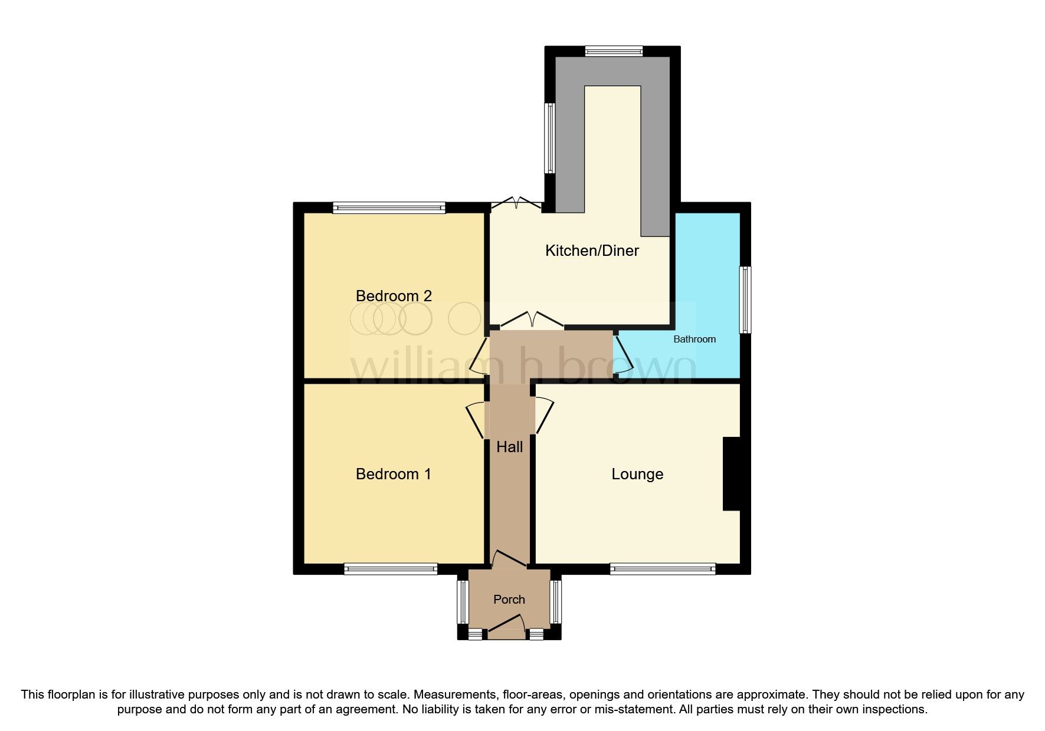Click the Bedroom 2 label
click(394, 296)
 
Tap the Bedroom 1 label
click(393, 474)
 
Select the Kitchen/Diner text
click(592, 251)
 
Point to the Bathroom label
click(695, 339)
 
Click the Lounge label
click(637, 474)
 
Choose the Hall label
click(509, 447)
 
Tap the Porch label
click(509, 600)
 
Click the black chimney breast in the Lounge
click(731, 473)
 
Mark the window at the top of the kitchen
click(614, 52)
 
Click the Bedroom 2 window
click(388, 207)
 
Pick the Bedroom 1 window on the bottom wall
click(391, 569)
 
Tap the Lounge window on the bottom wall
click(663, 569)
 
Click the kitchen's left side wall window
click(549, 138)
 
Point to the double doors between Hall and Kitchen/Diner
click(532, 321)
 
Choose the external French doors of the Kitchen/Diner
click(516, 204)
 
